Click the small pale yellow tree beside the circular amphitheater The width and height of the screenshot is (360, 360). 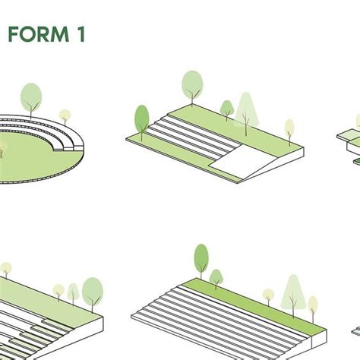click(65, 116)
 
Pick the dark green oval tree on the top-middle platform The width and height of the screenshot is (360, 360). click(142, 119)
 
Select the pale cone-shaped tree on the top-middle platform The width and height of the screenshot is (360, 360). click(245, 109)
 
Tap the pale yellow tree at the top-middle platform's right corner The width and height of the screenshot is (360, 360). click(289, 128)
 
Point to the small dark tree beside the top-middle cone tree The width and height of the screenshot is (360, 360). click(226, 108)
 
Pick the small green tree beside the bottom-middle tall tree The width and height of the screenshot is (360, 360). click(216, 277)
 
